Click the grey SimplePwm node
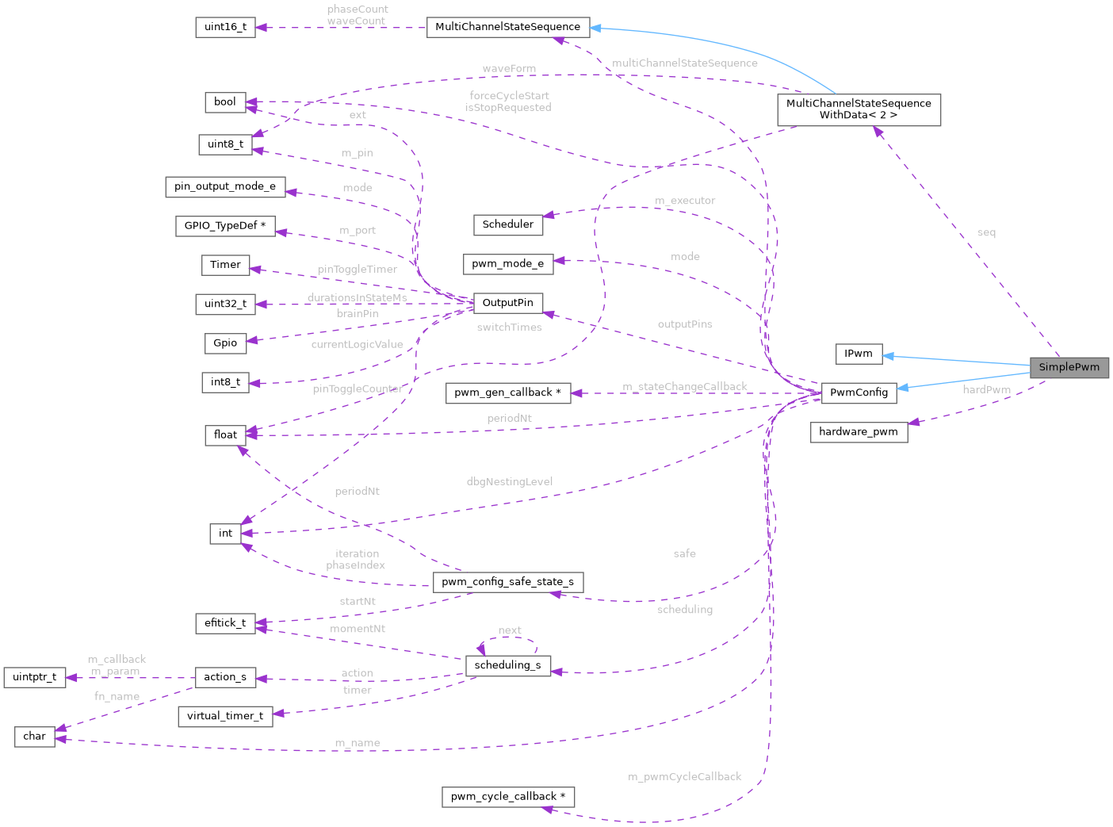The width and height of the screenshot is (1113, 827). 1069,367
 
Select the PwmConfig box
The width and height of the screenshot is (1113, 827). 859,392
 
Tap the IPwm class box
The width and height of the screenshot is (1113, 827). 859,354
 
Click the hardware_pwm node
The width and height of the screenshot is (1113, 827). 859,431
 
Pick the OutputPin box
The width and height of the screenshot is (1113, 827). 507,303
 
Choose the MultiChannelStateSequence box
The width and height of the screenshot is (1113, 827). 507,27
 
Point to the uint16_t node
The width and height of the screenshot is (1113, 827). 225,27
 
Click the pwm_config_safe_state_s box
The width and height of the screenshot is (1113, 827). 507,582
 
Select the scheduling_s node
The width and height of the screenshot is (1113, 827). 507,665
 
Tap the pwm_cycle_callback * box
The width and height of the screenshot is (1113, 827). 507,797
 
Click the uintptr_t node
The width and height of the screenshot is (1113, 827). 34,677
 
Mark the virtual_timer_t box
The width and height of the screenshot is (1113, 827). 225,716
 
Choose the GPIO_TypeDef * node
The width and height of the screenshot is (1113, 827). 225,226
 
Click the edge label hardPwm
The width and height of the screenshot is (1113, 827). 986,390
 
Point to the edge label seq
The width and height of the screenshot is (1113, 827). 986,233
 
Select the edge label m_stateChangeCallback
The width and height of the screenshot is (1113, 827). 684,387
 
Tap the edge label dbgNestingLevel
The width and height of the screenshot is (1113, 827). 509,482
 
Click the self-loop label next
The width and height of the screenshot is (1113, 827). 509,631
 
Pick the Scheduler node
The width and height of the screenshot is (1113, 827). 507,224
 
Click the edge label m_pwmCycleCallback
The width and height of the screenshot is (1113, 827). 684,777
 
